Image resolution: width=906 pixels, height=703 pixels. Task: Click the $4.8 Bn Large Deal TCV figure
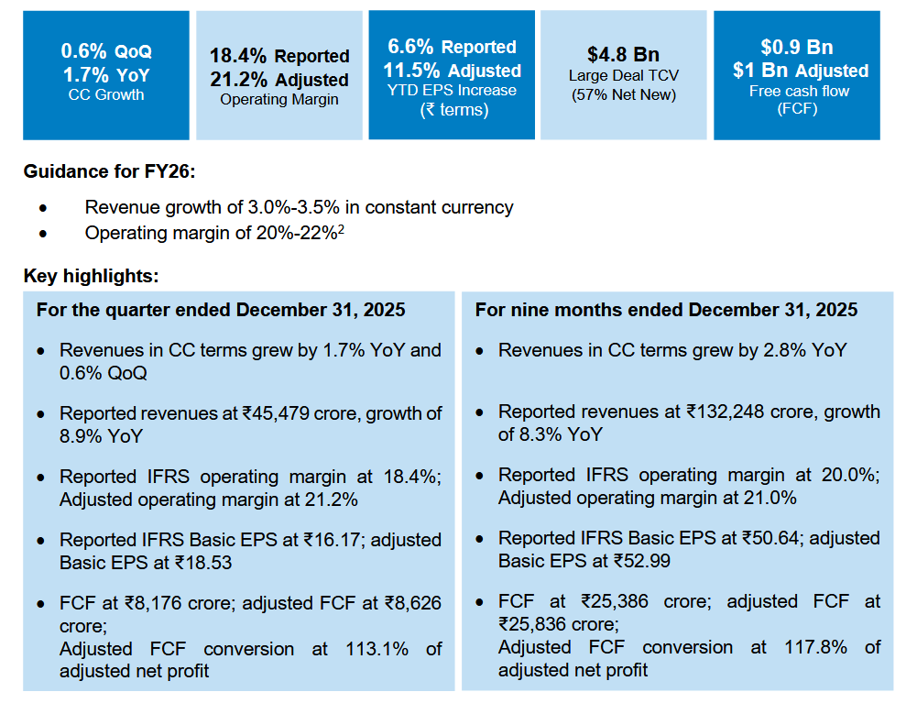(623, 54)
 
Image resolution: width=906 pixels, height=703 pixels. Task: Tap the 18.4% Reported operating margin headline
(279, 56)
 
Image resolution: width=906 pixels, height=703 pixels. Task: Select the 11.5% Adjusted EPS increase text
(452, 71)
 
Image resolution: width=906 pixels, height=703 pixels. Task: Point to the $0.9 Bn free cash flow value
(796, 47)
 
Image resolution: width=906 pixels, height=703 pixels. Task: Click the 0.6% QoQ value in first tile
(106, 50)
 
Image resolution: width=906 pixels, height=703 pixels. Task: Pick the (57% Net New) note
(623, 94)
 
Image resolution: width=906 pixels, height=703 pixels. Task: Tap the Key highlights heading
(92, 275)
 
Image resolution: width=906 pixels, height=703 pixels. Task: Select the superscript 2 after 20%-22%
(341, 228)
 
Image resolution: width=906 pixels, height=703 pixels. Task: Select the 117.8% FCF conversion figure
(816, 647)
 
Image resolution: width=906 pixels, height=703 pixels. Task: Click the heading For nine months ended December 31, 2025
(666, 310)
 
